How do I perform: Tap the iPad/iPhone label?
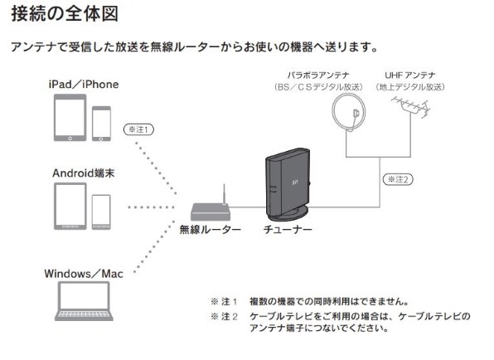tap(84, 85)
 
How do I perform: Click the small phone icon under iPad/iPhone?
tap(102, 124)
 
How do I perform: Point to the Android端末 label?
tap(84, 173)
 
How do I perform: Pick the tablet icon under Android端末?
tap(70, 206)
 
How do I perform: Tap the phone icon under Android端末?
tap(101, 211)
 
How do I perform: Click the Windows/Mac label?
tap(85, 273)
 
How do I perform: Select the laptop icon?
tap(84, 301)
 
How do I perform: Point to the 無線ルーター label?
tap(210, 230)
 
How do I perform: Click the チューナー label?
tap(288, 230)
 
